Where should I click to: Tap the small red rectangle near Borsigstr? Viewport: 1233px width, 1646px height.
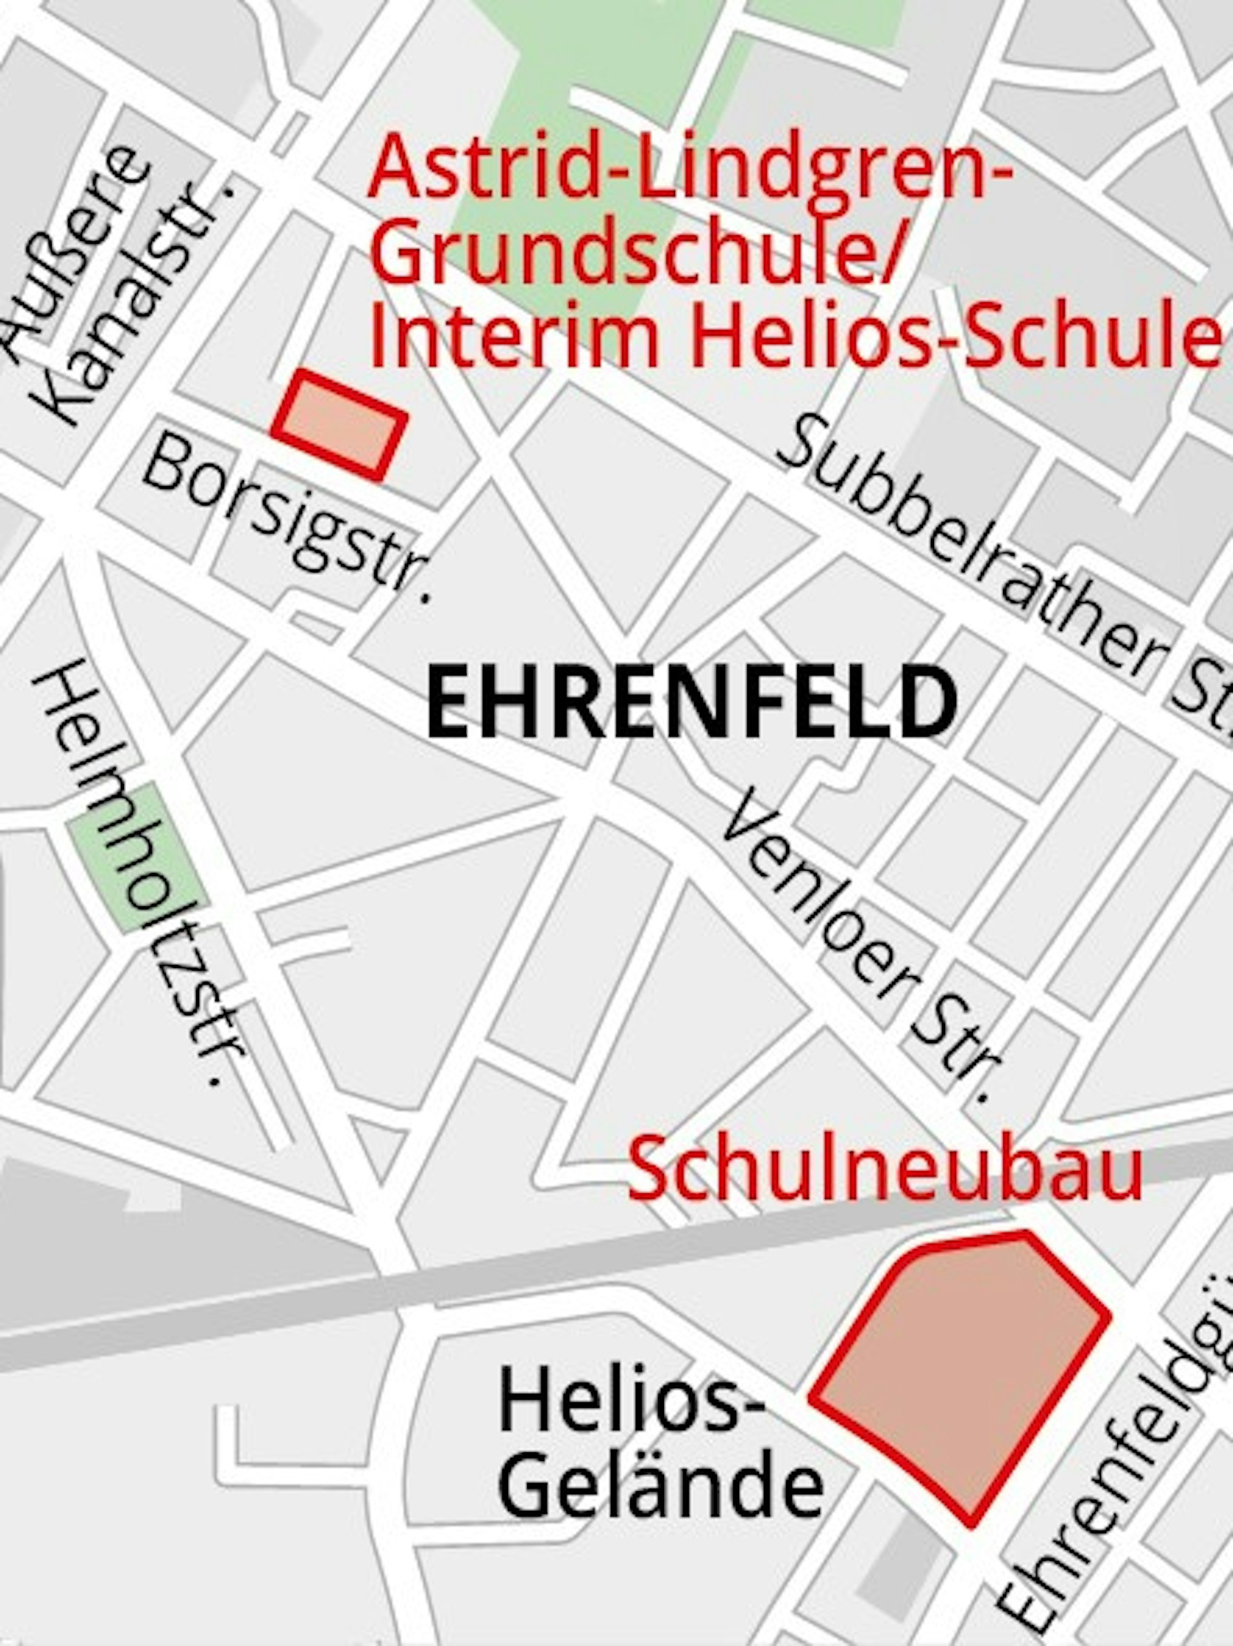340,425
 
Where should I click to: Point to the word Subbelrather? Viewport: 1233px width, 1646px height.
967,551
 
